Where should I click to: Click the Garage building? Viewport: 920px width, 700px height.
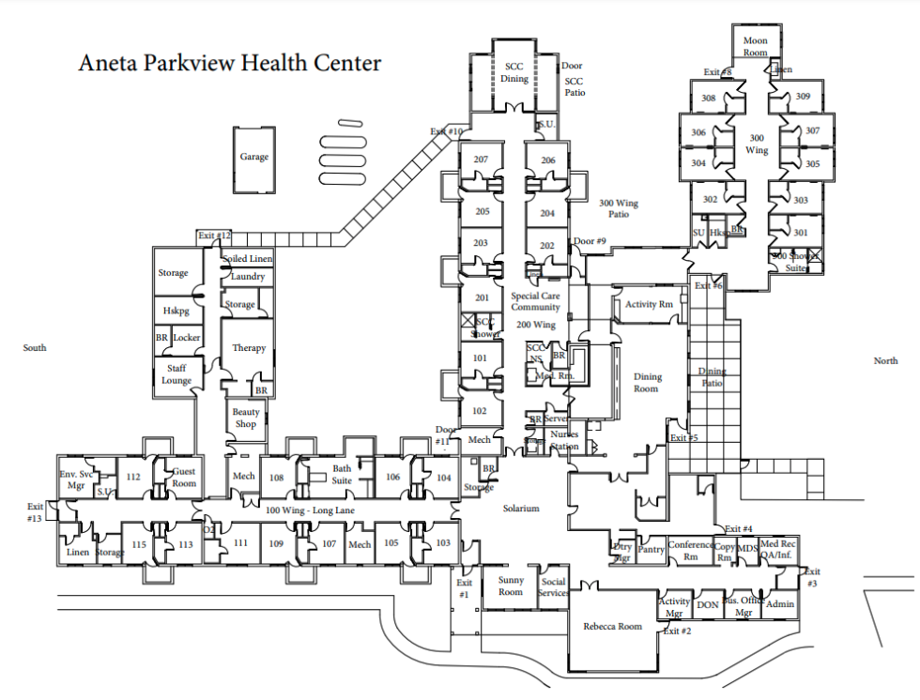tap(253, 158)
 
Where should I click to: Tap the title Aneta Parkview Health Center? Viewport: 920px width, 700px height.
tap(230, 64)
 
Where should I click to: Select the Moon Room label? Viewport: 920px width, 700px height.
tap(755, 47)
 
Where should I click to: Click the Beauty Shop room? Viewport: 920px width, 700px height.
tap(246, 418)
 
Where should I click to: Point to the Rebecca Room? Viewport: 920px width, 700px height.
tap(612, 627)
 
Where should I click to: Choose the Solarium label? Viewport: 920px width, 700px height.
tap(520, 508)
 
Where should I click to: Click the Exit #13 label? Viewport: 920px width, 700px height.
tap(36, 512)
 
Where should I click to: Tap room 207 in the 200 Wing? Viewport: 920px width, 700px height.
tap(481, 160)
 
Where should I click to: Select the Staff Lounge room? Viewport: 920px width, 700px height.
tap(176, 374)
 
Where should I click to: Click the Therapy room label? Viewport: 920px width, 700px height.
tap(249, 348)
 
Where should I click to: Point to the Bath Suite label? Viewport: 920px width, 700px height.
tap(342, 475)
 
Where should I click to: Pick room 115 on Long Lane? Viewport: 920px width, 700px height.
tap(139, 544)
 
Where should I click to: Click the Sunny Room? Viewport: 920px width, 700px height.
tap(511, 586)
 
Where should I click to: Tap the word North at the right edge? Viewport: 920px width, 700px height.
tap(885, 361)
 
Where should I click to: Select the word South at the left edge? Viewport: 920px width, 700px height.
tap(35, 348)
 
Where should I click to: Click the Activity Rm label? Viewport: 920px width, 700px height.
tap(649, 304)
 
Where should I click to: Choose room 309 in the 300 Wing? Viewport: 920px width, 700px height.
tap(803, 97)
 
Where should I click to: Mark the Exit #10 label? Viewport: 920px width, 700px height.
tap(447, 131)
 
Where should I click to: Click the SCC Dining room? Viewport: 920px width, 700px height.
tap(514, 72)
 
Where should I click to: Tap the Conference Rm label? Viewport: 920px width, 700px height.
tap(690, 551)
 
